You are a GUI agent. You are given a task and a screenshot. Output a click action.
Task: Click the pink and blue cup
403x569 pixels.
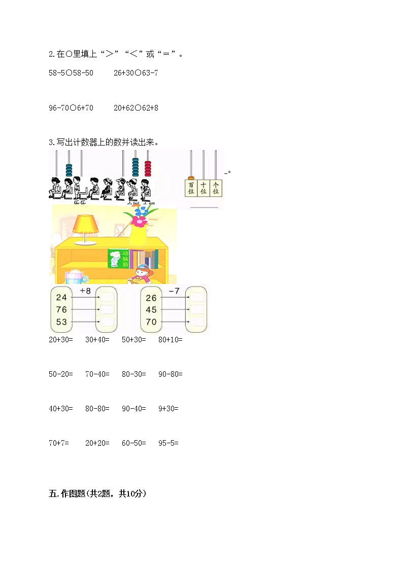74,276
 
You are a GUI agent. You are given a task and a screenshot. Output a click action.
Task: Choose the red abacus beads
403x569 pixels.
148,168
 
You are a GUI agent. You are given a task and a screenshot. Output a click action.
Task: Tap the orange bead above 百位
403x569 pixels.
191,177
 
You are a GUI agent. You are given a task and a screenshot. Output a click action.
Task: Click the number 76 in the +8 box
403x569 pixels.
61,310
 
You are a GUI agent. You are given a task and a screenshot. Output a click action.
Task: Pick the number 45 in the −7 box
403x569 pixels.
151,310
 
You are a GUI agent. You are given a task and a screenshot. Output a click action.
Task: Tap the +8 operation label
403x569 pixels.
85,291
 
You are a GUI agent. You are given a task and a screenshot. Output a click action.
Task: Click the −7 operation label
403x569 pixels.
174,291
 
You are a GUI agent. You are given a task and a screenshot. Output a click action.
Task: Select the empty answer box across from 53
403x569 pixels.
108,322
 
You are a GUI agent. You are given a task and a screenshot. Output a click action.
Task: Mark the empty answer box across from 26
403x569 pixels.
196,297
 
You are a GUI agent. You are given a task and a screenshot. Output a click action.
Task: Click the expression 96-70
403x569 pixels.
59,108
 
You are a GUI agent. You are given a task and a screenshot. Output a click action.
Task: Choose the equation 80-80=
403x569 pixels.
97,408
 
